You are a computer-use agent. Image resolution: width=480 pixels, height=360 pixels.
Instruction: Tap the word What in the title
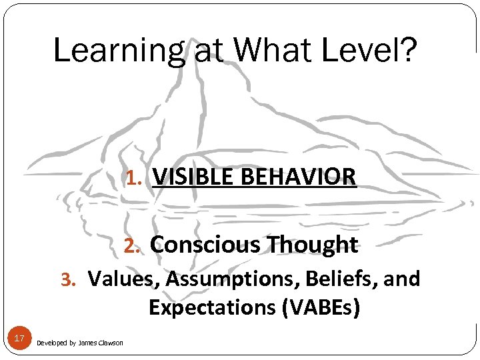pyautogui.click(x=271, y=51)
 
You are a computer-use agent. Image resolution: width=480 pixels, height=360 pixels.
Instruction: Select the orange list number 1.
pyautogui.click(x=131, y=178)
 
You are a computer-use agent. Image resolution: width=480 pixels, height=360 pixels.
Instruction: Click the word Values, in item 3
pyautogui.click(x=124, y=279)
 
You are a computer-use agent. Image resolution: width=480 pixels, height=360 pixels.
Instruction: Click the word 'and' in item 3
pyautogui.click(x=402, y=279)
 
